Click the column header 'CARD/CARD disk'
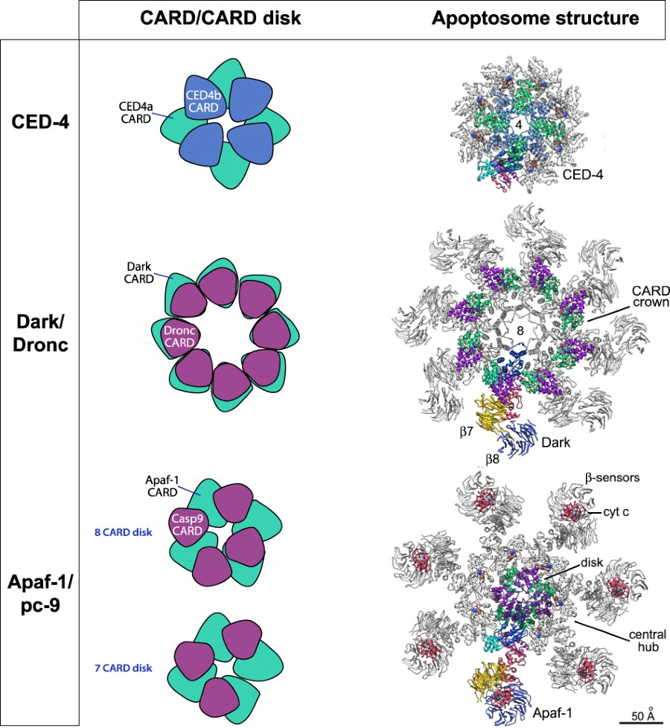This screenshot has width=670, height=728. [221, 19]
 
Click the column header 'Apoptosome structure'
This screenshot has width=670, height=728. [535, 19]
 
